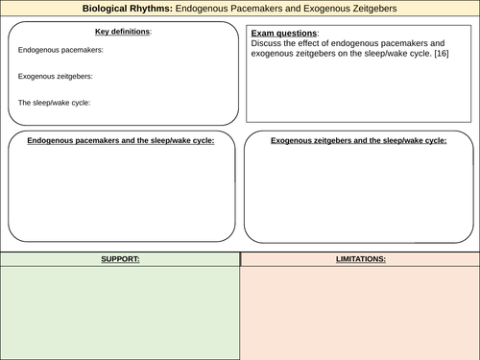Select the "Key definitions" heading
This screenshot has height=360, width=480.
click(122, 32)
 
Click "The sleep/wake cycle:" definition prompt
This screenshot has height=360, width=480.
click(54, 102)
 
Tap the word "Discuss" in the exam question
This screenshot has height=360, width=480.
click(263, 43)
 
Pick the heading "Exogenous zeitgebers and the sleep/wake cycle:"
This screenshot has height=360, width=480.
click(358, 140)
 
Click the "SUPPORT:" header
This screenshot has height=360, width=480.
click(120, 259)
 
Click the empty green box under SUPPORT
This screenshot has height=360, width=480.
click(120, 312)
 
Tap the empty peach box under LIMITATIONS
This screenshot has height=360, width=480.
click(360, 312)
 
